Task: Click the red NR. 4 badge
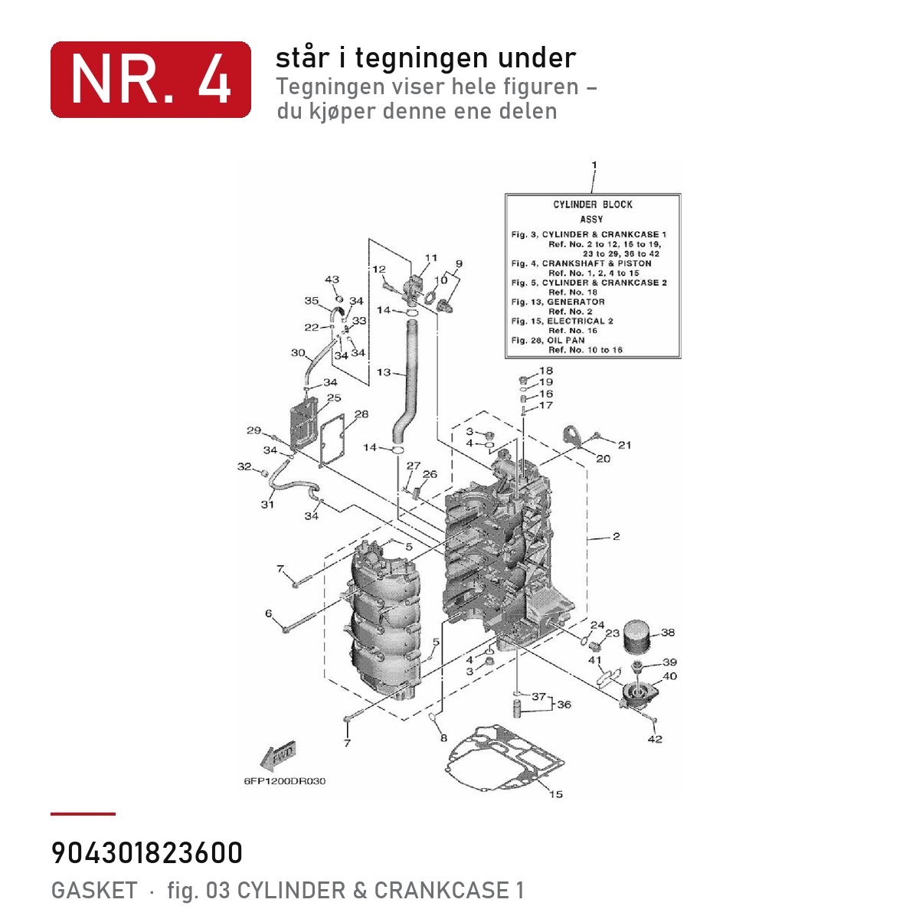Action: (x=151, y=80)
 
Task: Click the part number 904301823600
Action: (x=147, y=853)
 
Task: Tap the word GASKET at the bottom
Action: (x=94, y=891)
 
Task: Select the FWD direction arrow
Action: (x=279, y=757)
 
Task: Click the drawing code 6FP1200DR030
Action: (x=285, y=781)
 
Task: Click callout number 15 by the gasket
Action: (x=555, y=794)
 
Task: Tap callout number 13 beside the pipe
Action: (x=384, y=372)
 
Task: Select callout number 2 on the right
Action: (x=616, y=537)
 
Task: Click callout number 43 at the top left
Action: (x=332, y=280)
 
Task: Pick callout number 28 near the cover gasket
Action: (x=361, y=414)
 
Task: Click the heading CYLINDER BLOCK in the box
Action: (x=593, y=204)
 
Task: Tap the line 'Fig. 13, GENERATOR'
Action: (x=558, y=302)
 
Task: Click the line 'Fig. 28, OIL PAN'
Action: (x=548, y=340)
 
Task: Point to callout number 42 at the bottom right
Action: (x=655, y=739)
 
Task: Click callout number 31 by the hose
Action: (x=267, y=504)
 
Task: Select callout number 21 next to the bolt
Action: (x=625, y=445)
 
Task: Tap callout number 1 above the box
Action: (x=594, y=165)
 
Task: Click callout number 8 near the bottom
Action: (x=443, y=738)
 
